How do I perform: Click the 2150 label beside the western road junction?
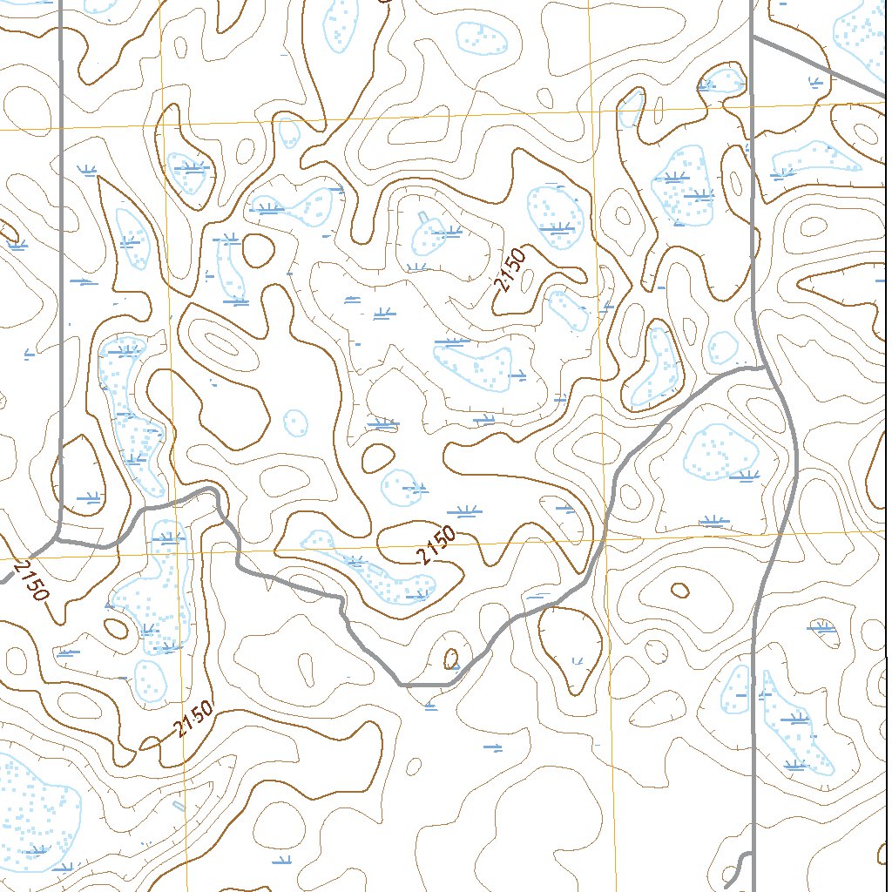(30, 581)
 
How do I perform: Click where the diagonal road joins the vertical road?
(753, 37)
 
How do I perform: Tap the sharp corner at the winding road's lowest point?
(402, 685)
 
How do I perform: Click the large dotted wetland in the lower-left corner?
(35, 810)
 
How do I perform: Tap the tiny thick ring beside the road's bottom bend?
(451, 658)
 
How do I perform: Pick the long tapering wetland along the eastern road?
(797, 723)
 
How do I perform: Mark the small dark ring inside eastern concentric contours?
(679, 591)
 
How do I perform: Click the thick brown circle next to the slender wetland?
(258, 251)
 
